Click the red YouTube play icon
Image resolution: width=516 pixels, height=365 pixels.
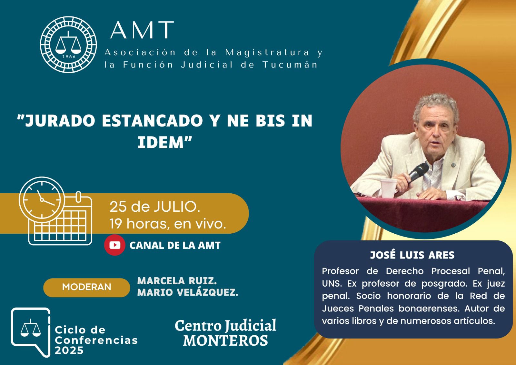115,245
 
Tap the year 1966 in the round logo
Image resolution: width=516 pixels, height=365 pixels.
69,57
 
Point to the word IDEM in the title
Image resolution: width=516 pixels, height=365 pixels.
161,142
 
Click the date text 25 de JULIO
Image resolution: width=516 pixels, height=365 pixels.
154,207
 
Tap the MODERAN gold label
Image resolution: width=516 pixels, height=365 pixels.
87,287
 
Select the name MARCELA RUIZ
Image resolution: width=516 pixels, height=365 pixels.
177,281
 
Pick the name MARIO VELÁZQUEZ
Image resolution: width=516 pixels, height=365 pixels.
188,293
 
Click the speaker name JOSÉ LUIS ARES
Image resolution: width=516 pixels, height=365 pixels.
412,255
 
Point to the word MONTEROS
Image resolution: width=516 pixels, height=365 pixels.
225,340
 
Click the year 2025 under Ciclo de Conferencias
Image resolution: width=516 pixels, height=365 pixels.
69,350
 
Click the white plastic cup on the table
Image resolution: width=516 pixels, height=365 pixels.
389,188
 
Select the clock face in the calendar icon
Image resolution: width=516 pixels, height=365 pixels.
42,200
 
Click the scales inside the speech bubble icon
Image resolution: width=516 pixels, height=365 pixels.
30,328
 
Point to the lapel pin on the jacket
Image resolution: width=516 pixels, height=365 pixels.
453,165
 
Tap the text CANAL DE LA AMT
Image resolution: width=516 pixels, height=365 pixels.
175,245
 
